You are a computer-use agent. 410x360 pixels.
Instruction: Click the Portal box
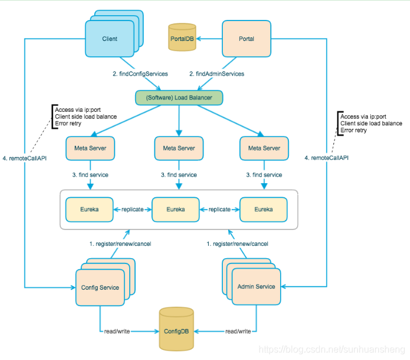tap(246, 39)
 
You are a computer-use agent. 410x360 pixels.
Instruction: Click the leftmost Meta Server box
tap(91, 148)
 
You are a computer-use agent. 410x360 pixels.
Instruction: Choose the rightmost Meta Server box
tap(264, 148)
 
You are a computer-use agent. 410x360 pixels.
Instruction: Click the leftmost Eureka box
tap(89, 209)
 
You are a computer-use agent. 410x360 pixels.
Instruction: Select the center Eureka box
tap(175, 209)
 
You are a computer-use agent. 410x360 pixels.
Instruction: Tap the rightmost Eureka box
tap(263, 209)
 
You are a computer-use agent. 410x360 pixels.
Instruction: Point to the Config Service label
tap(100, 287)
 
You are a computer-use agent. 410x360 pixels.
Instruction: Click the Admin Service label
tap(256, 286)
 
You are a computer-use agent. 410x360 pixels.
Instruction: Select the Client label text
tap(109, 39)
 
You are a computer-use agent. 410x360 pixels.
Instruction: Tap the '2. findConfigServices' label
tap(140, 74)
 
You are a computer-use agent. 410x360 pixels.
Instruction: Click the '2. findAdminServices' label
tap(216, 74)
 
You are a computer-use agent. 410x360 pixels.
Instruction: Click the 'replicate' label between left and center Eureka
tap(132, 209)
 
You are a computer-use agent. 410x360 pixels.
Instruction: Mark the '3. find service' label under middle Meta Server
tap(180, 175)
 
